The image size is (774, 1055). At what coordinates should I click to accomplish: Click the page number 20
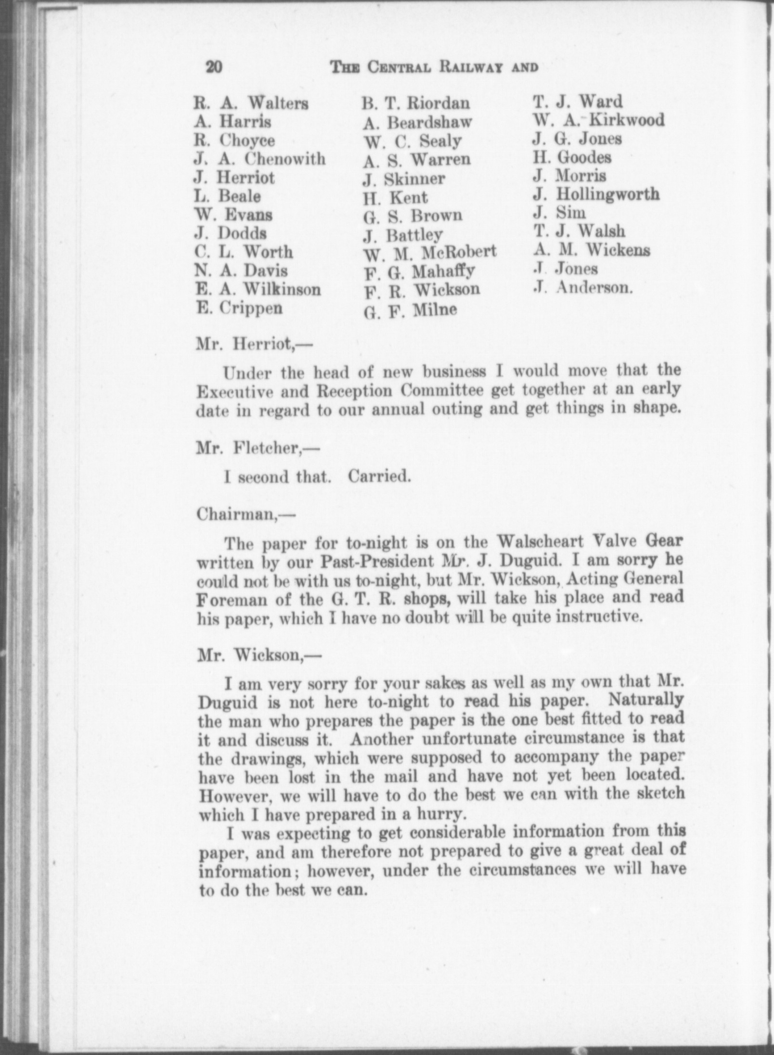pyautogui.click(x=213, y=67)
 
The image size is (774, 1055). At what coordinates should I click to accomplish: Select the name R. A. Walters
pyautogui.click(x=251, y=103)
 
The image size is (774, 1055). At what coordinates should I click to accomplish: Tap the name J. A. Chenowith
pyautogui.click(x=260, y=159)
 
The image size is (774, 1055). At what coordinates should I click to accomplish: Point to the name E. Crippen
pyautogui.click(x=239, y=308)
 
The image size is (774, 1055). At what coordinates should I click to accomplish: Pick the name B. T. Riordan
pyautogui.click(x=416, y=103)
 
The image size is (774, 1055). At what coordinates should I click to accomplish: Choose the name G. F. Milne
pyautogui.click(x=410, y=310)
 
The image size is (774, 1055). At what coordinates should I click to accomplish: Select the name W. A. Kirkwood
pyautogui.click(x=598, y=120)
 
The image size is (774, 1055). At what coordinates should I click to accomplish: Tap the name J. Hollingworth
pyautogui.click(x=596, y=194)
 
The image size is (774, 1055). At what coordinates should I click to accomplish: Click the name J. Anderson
pyautogui.click(x=583, y=288)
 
